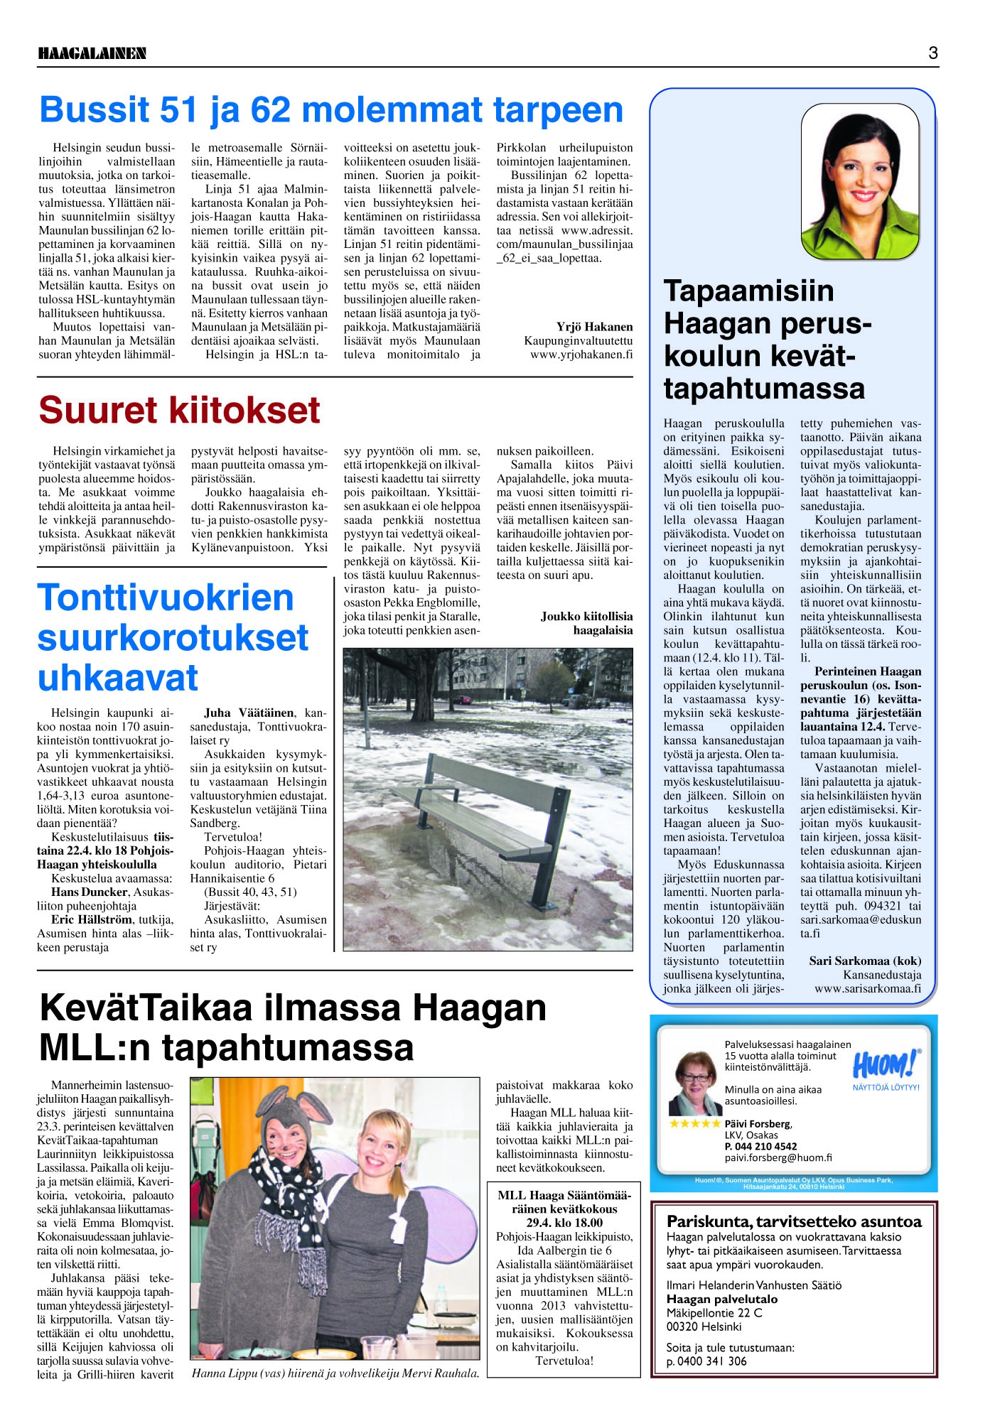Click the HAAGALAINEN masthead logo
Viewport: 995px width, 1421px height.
[x=92, y=53]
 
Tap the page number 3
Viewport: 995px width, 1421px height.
[x=932, y=53]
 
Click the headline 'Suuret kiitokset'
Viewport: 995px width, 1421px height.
[x=179, y=410]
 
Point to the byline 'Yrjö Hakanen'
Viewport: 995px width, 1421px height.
[x=594, y=327]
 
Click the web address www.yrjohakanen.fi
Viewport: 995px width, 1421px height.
[x=581, y=355]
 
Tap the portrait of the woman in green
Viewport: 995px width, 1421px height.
[x=860, y=181]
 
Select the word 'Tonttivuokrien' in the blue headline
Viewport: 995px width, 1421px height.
[x=165, y=598]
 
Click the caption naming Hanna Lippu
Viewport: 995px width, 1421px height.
[x=335, y=1373]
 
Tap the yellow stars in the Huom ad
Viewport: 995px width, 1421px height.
[x=694, y=1123]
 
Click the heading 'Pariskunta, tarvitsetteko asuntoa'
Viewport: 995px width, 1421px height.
[x=793, y=1221]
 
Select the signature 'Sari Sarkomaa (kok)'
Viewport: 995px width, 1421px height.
[x=864, y=961]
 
